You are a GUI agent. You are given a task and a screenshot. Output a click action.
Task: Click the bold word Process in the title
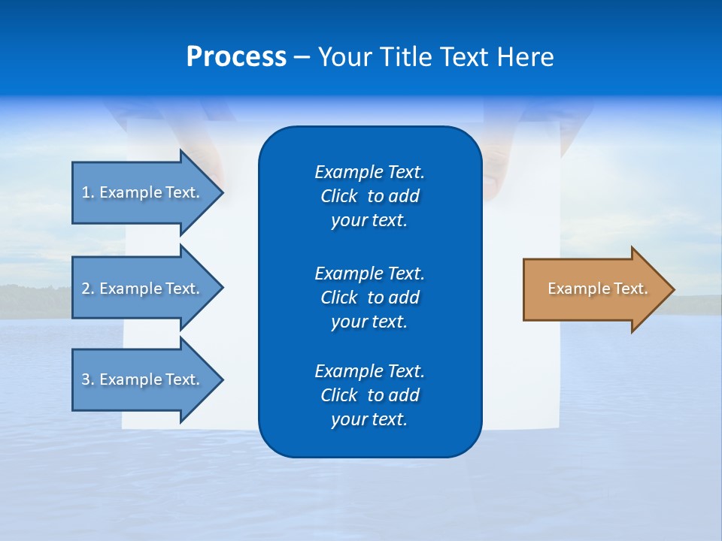pos(236,57)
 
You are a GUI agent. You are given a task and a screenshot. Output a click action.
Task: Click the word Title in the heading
pos(407,57)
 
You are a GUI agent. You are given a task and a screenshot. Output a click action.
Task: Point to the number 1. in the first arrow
pos(87,192)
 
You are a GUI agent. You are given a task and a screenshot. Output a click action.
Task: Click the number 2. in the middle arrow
pos(87,289)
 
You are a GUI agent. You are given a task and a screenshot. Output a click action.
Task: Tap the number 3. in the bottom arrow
pos(87,379)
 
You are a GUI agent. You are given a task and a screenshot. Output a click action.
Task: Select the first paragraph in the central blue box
pos(369,196)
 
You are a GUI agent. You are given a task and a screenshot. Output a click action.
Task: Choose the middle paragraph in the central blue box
pos(369,298)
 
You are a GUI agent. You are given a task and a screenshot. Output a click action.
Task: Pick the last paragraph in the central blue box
pos(369,395)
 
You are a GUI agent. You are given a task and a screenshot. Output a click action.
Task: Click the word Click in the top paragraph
pos(338,196)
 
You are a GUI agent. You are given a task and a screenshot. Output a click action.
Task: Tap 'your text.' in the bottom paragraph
pos(369,419)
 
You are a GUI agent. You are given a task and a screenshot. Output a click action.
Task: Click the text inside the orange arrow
pos(597,289)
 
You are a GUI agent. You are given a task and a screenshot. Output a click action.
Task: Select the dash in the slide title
pos(302,57)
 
